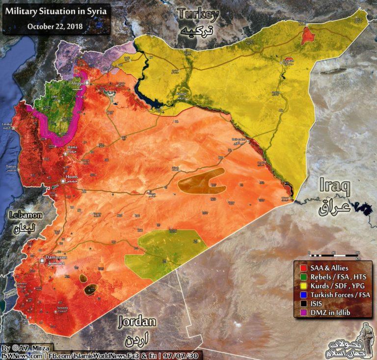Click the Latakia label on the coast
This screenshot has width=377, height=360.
(x=6, y=125)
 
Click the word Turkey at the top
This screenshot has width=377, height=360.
(x=198, y=15)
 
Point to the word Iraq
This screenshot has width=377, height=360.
(x=334, y=187)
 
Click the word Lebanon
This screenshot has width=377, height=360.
(x=26, y=216)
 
